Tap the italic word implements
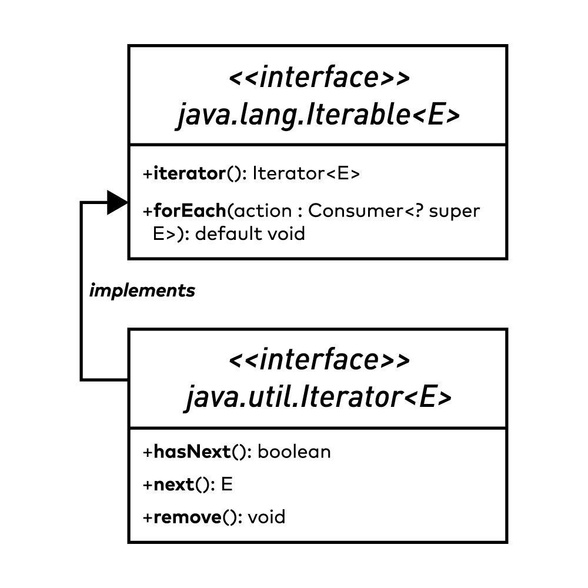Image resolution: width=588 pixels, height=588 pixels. pos(142,290)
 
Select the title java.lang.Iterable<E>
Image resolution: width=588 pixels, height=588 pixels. pos(318,115)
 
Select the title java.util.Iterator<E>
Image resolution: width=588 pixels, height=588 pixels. pos(318,398)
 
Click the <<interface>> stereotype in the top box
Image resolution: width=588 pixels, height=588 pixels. pos(318,78)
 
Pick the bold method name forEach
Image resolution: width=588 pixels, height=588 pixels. pos(189,211)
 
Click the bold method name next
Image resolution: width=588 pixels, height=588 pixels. pos(173,485)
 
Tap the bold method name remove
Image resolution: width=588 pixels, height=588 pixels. pos(186,517)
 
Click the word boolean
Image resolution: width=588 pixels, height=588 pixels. pos(294,452)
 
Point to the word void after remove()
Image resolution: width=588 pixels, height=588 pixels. pos(266,517)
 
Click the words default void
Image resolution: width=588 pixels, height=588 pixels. pos(250,234)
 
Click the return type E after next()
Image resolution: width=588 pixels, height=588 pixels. pos(227,485)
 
